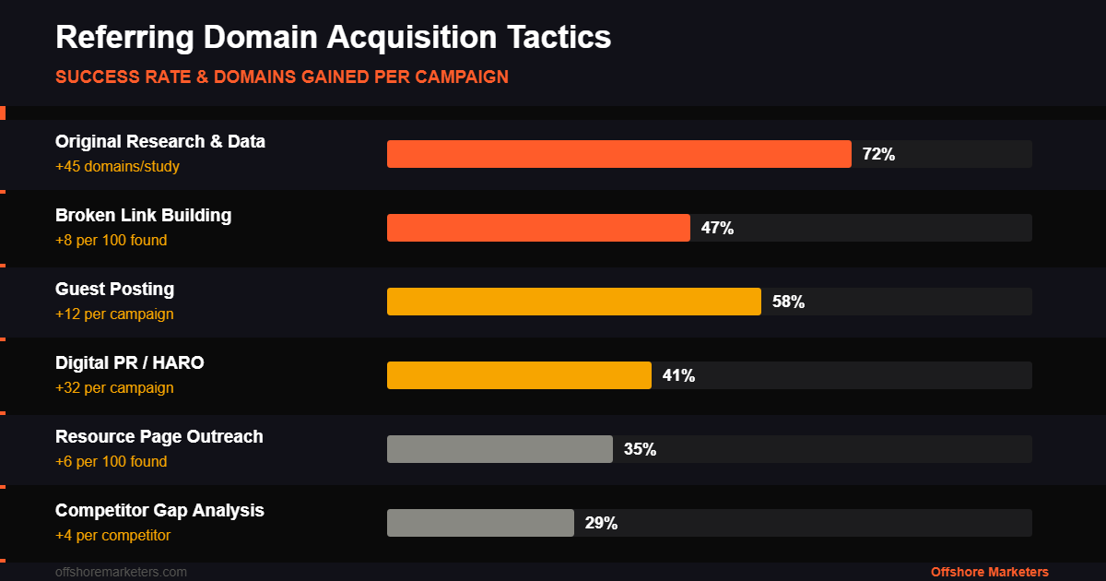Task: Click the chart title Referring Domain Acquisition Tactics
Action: click(x=333, y=38)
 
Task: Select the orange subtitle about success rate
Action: click(x=281, y=77)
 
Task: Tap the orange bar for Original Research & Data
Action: click(x=618, y=154)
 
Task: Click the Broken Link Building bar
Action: click(x=538, y=228)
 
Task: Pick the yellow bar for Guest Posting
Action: click(x=573, y=302)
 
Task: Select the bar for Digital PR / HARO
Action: click(x=519, y=375)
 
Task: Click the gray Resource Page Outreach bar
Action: click(x=500, y=449)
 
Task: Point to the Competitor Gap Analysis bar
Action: click(x=480, y=523)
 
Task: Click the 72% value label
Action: click(x=878, y=154)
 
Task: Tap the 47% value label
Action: click(x=717, y=228)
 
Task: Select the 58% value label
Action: click(x=788, y=302)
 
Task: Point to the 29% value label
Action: click(x=601, y=523)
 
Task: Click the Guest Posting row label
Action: click(x=114, y=289)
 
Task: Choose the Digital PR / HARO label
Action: click(x=130, y=362)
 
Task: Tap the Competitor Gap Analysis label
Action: click(x=159, y=510)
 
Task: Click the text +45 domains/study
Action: click(x=117, y=167)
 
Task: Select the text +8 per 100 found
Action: click(x=111, y=241)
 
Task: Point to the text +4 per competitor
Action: click(x=112, y=536)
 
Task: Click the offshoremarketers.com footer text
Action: click(x=121, y=572)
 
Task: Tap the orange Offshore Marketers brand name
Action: click(x=989, y=572)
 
